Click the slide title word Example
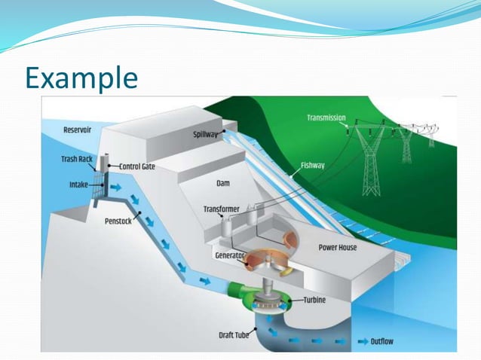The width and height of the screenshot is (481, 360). click(81, 76)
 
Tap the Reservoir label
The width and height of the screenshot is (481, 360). click(78, 130)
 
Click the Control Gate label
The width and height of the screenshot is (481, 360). click(137, 166)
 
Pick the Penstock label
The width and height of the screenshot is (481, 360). click(121, 223)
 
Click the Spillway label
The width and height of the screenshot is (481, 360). click(205, 134)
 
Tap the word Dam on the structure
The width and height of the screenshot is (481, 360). click(222, 182)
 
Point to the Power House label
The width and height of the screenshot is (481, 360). click(338, 247)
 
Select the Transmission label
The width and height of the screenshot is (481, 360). click(326, 117)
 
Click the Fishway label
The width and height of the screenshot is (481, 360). click(313, 166)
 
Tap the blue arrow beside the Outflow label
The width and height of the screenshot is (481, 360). click(362, 341)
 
